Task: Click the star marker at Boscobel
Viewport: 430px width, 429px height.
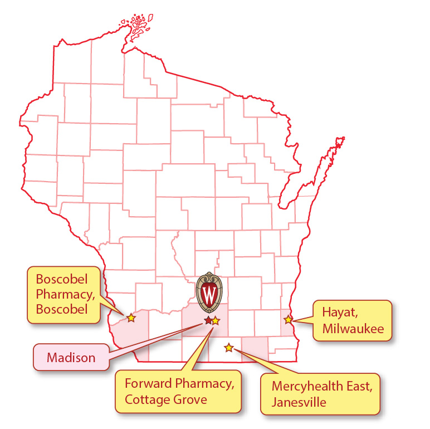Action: click(x=131, y=318)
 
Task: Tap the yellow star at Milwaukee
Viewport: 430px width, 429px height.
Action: click(x=288, y=320)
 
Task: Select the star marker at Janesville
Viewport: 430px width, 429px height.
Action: click(x=228, y=348)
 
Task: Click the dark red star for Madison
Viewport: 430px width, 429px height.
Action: click(x=208, y=320)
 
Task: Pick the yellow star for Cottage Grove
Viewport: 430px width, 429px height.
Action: click(x=216, y=320)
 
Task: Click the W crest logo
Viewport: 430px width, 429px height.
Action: click(x=209, y=291)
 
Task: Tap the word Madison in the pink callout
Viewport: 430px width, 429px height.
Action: click(x=71, y=358)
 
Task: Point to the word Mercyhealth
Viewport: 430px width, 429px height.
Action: click(x=307, y=386)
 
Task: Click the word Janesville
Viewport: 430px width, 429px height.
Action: click(x=299, y=402)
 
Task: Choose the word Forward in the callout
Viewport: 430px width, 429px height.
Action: click(x=147, y=384)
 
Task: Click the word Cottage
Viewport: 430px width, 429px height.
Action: click(x=144, y=399)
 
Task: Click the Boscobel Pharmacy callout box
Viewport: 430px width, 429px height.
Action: click(x=65, y=294)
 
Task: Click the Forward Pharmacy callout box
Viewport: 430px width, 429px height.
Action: click(x=178, y=392)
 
